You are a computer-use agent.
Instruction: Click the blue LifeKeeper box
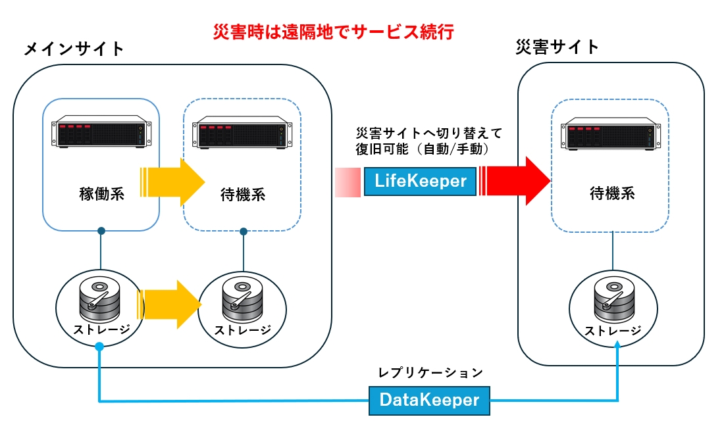point(419,180)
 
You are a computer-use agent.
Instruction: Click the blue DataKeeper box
point(429,399)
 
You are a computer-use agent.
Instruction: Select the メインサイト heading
point(74,49)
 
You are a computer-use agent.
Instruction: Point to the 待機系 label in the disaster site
point(611,193)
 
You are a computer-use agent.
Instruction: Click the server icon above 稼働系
point(100,134)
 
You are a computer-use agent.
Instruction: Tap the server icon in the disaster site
point(611,135)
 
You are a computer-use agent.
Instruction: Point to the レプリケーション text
point(430,372)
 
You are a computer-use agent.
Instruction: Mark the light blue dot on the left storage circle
point(99,347)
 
